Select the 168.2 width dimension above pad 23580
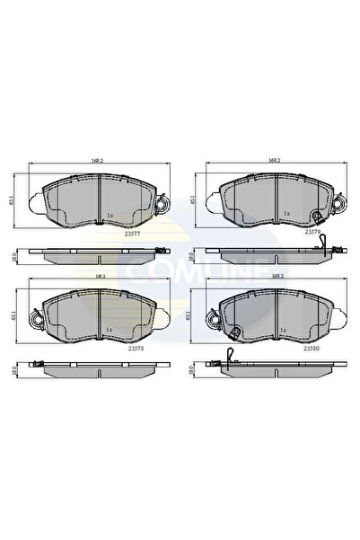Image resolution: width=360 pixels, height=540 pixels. coord(274,278)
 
